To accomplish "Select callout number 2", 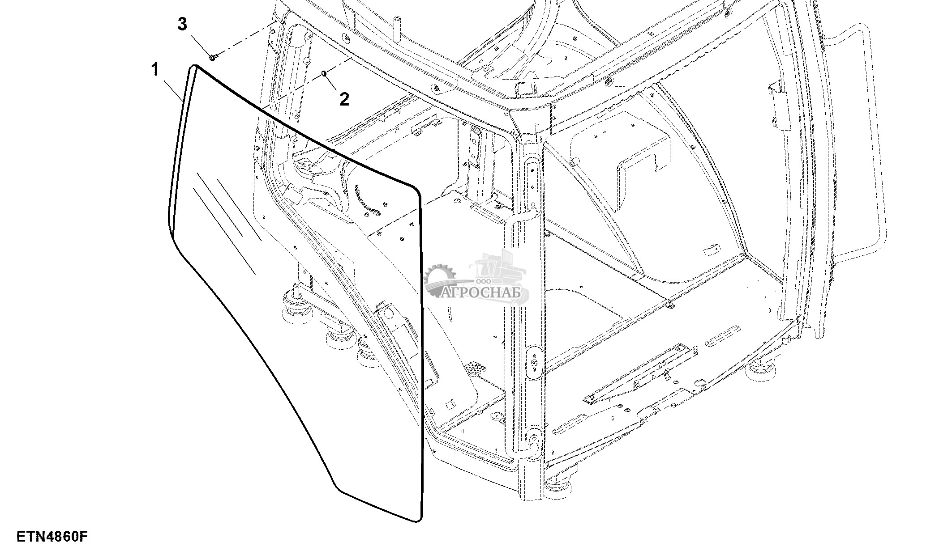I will pyautogui.click(x=344, y=99).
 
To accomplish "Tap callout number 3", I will pyautogui.click(x=182, y=25).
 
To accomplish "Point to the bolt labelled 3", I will pyautogui.click(x=213, y=57).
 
